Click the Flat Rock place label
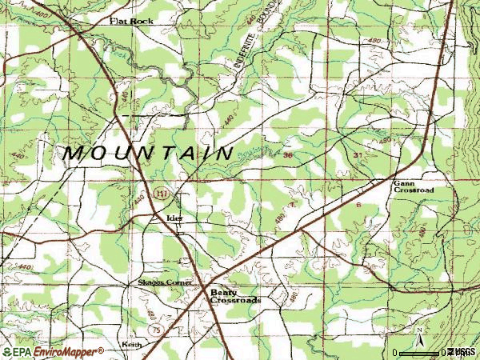[x=131, y=22]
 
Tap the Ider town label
[x=175, y=217]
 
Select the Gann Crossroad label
[x=413, y=187]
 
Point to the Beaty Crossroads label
[x=235, y=296]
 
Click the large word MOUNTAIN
[x=149, y=152]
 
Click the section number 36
[x=286, y=155]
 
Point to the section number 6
[x=358, y=206]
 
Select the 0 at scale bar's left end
[x=395, y=352]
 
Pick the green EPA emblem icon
[x=7, y=351]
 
